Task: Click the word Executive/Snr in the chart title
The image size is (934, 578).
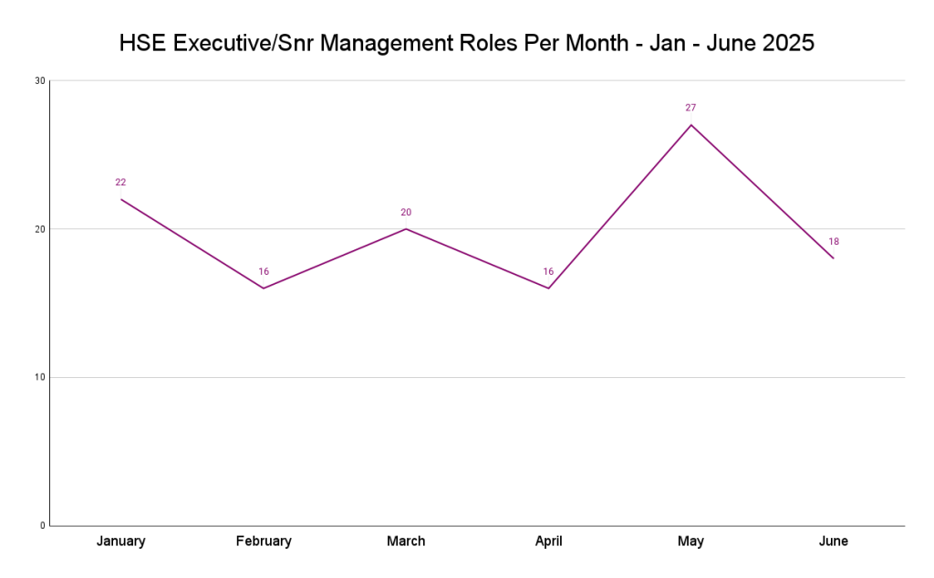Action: click(245, 43)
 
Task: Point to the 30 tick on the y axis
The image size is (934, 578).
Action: click(40, 80)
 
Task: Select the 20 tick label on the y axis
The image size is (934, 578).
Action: click(40, 229)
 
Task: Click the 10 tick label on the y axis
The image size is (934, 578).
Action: click(40, 377)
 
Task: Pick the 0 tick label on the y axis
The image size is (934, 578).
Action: click(42, 526)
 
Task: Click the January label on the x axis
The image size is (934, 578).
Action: click(121, 541)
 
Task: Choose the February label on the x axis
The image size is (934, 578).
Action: click(264, 541)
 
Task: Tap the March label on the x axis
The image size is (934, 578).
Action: click(406, 541)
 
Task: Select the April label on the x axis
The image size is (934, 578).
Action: click(548, 541)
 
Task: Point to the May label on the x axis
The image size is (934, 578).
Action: click(690, 541)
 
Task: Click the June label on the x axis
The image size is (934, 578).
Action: click(833, 541)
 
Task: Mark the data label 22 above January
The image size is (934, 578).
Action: click(120, 183)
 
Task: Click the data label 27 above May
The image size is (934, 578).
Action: click(690, 108)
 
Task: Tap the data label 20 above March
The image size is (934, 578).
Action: click(406, 213)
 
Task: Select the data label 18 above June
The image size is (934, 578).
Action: click(834, 242)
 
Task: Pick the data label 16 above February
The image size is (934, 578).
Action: click(264, 272)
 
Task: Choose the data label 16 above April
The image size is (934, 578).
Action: click(548, 272)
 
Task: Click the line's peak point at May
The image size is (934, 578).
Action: click(690, 125)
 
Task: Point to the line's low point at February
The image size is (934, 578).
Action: click(264, 289)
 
